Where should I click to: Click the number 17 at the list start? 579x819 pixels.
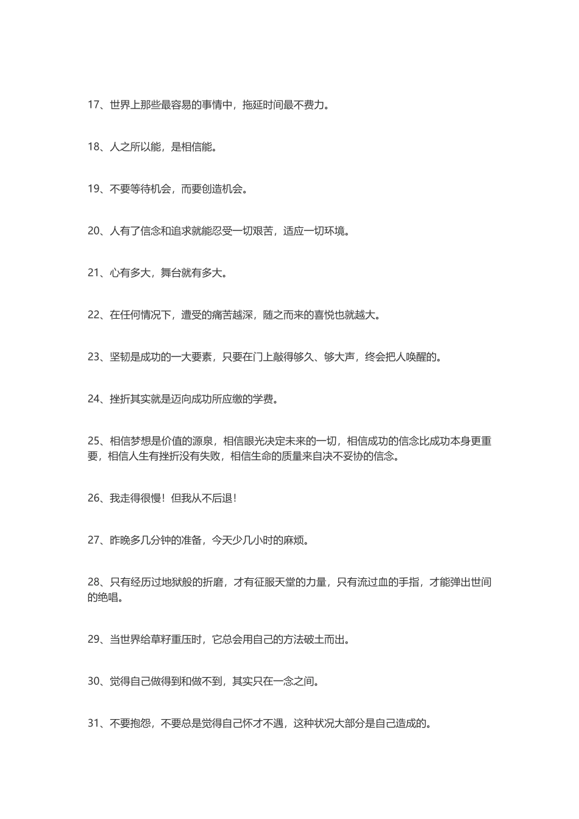[x=93, y=105]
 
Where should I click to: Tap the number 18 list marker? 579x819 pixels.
[x=93, y=147]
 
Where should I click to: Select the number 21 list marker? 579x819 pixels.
[x=93, y=273]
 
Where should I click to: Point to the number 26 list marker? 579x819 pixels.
[x=93, y=498]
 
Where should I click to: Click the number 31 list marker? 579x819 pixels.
[x=93, y=723]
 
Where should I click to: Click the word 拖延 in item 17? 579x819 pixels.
[x=252, y=105]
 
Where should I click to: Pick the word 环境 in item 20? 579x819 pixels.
[x=335, y=231]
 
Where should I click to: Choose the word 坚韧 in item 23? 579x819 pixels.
[x=120, y=357]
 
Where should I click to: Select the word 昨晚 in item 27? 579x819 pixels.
[x=120, y=540]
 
